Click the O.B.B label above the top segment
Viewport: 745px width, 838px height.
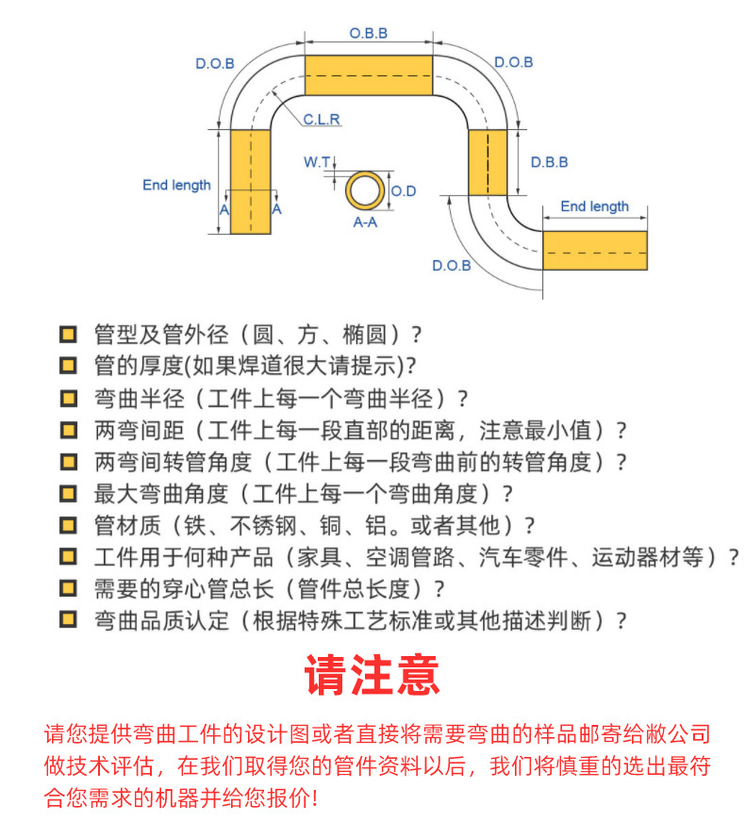369,33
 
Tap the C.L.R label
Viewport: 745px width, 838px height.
322,119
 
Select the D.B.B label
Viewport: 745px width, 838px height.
549,162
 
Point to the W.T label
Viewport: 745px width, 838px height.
317,161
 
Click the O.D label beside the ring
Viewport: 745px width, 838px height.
404,191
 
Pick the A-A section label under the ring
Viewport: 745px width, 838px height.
365,222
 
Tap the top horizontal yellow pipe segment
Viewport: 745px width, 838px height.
369,74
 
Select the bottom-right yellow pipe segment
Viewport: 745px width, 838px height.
595,251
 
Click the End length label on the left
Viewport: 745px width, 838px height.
176,185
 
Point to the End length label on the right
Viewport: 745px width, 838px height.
594,206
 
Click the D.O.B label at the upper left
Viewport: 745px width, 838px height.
215,63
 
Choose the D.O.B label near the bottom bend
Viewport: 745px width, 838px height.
452,266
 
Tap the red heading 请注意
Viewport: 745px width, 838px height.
372,675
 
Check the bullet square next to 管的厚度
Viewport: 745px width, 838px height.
68,366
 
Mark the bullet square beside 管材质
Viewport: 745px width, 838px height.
68,525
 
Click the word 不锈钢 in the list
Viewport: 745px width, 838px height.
263,525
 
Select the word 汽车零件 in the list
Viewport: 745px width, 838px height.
523,557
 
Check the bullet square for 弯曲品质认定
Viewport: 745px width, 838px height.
68,620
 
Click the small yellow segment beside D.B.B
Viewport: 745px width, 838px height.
488,162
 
